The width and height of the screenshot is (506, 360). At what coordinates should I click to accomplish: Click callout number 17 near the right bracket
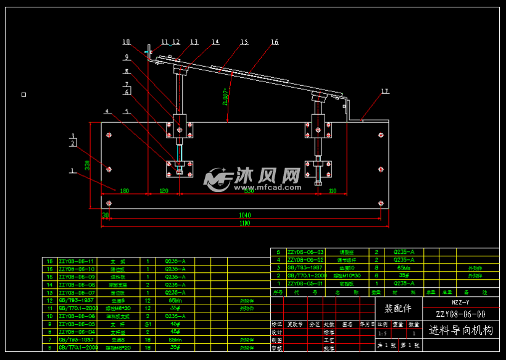[385, 91]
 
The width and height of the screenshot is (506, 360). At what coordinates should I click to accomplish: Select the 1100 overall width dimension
[244, 223]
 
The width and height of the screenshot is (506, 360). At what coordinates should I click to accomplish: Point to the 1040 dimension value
[244, 216]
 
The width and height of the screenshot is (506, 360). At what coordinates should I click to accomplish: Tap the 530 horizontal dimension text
[249, 191]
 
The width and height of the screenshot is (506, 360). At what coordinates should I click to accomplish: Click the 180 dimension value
[125, 191]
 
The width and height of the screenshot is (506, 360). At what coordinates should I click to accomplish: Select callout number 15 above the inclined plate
[244, 42]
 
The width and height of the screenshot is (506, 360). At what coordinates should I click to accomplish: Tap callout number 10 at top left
[126, 42]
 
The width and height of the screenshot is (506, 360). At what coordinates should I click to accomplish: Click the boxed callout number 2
[73, 143]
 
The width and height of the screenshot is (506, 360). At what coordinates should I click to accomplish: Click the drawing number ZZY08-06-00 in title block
[460, 314]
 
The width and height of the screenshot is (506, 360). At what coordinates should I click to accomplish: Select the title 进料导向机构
[461, 330]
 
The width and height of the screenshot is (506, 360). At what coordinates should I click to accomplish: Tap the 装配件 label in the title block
[397, 308]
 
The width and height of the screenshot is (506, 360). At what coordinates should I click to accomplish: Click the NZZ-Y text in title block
[460, 303]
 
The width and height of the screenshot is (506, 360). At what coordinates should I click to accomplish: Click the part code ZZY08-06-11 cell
[77, 261]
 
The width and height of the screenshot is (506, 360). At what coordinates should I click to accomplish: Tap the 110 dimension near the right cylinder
[333, 191]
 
